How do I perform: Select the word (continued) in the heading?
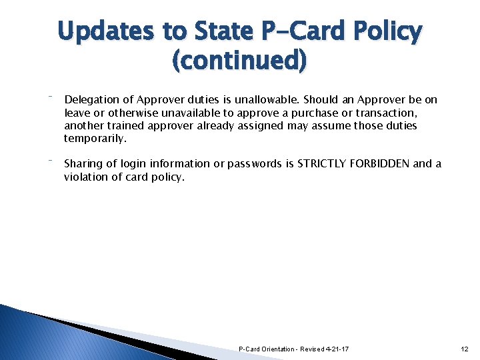click(240, 61)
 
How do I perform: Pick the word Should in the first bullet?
click(321, 100)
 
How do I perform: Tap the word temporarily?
click(95, 139)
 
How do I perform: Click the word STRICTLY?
click(325, 164)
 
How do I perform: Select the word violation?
click(87, 177)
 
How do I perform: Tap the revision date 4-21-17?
click(338, 349)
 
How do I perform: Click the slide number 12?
click(465, 349)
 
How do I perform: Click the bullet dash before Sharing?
click(51, 160)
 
